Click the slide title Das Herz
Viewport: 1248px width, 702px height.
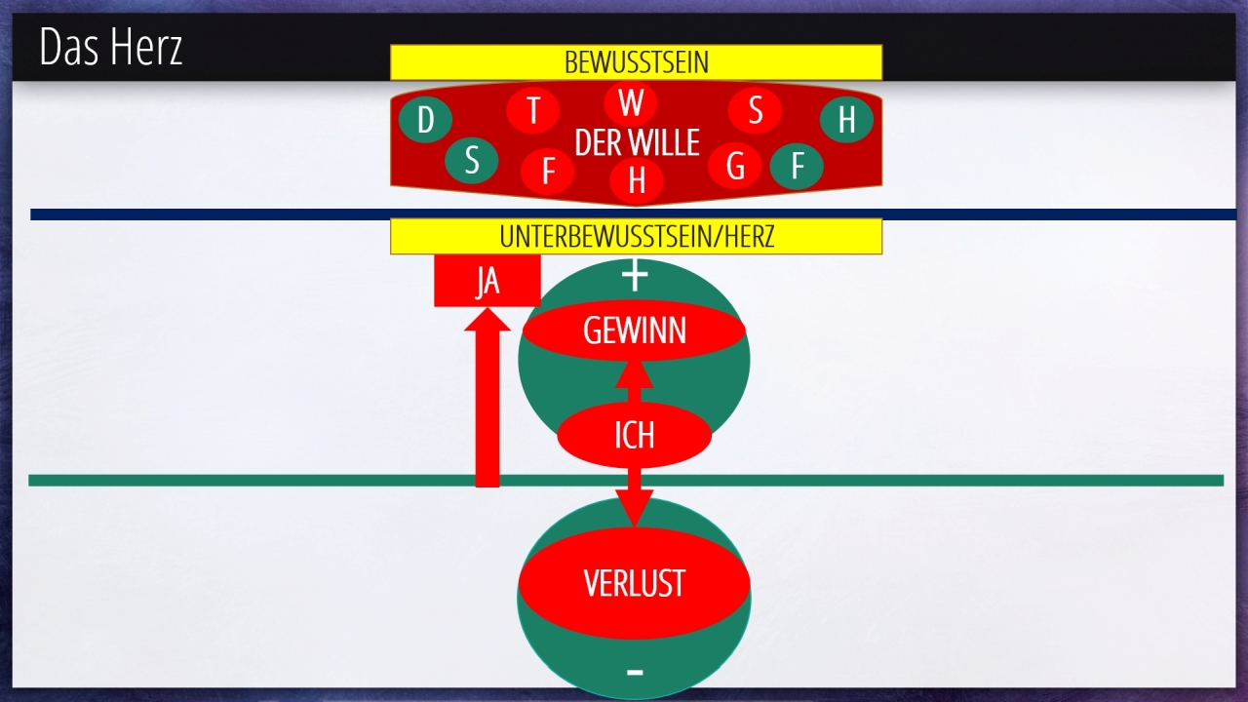tap(111, 47)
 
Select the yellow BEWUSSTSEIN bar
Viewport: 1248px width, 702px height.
tap(636, 62)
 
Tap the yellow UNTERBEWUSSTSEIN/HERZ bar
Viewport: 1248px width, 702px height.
tap(636, 237)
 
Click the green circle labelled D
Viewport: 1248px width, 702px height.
tap(425, 121)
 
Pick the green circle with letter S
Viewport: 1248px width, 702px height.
tap(472, 161)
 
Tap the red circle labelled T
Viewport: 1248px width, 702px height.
tap(532, 110)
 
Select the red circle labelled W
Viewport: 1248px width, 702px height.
tap(631, 102)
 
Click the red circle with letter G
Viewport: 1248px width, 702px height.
tap(735, 167)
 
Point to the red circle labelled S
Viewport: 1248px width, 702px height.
tap(755, 110)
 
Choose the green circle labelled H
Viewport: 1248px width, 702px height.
tap(846, 120)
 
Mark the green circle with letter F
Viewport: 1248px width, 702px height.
tap(797, 167)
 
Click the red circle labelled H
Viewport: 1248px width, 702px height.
tap(637, 180)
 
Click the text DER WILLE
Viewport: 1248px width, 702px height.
tap(637, 143)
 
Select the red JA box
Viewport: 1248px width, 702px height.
tap(487, 282)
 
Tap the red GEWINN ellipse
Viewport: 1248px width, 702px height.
tap(634, 331)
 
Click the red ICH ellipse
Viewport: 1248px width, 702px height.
tap(634, 435)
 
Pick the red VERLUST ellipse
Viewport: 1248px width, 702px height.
tap(634, 583)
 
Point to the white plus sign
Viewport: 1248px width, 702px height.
tap(635, 277)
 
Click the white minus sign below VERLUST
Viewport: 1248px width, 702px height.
tap(635, 672)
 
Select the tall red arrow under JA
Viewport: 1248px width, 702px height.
tap(487, 409)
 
